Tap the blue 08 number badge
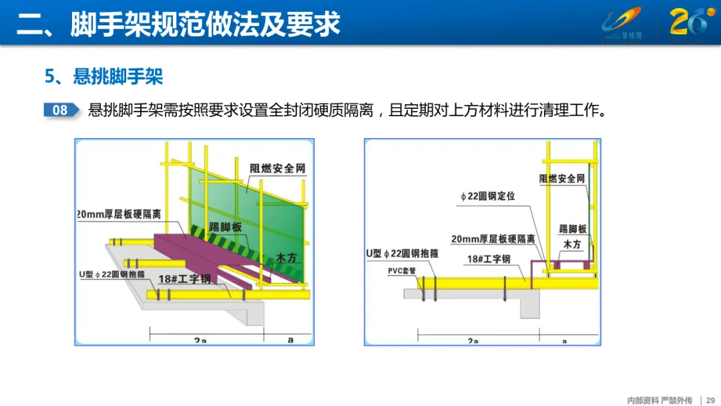(x=60, y=110)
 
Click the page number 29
(x=710, y=400)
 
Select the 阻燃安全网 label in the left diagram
(x=278, y=168)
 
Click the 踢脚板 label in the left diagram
(x=225, y=227)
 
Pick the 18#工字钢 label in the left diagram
(x=184, y=278)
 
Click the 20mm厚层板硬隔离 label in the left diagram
(x=119, y=214)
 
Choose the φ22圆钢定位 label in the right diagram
(x=487, y=196)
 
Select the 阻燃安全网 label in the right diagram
(x=562, y=179)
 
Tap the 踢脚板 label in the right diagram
(x=572, y=229)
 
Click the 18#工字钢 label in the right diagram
(x=488, y=258)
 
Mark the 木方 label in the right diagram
(x=572, y=245)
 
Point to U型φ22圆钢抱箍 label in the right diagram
(x=402, y=254)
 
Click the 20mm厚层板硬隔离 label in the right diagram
(x=493, y=239)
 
